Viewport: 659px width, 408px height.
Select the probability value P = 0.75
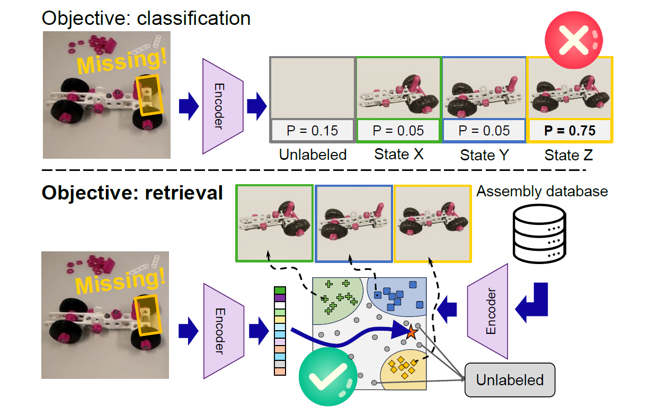570,131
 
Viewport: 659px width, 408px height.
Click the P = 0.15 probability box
312,131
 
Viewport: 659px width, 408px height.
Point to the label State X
398,155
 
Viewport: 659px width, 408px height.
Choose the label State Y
484,155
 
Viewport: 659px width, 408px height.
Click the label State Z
570,155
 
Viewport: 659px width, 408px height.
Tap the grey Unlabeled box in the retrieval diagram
510,380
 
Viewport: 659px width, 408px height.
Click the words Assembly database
542,191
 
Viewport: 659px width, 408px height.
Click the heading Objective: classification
146,19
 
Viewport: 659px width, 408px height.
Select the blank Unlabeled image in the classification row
312,88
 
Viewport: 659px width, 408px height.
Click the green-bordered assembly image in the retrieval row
274,223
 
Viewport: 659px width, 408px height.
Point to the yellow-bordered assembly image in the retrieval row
432,223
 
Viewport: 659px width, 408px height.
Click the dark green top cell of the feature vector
280,291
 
